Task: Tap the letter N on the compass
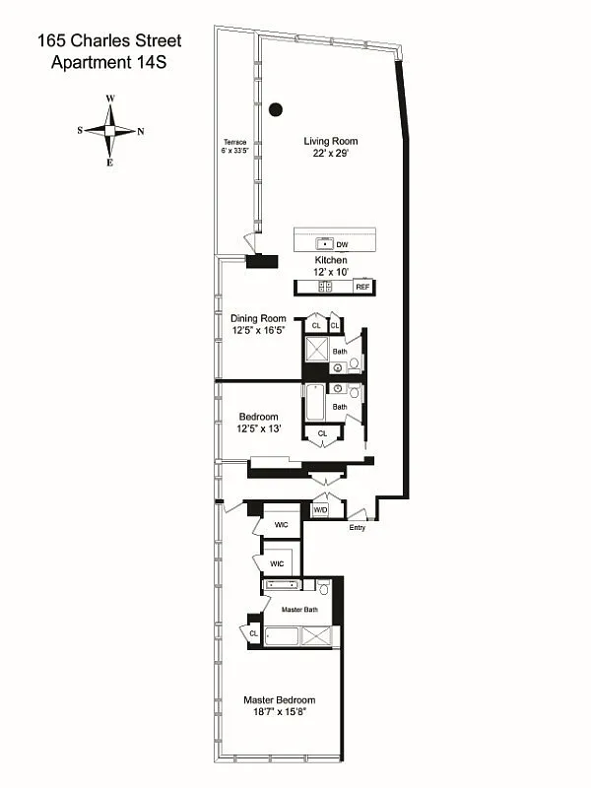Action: coord(141,130)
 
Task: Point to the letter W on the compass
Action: coord(111,98)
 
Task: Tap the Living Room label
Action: coord(330,141)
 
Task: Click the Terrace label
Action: coord(233,142)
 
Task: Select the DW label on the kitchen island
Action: coord(342,243)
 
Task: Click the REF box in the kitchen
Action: coord(361,287)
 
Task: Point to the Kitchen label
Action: coord(330,260)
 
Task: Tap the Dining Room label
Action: coord(258,318)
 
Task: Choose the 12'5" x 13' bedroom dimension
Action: coord(258,428)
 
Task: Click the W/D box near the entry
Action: coord(320,509)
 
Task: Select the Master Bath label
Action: coord(299,610)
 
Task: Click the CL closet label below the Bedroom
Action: coord(322,433)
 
